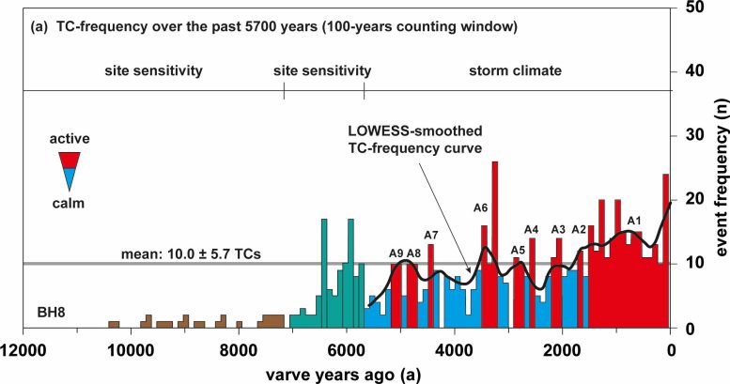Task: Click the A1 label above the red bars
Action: click(633, 221)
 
